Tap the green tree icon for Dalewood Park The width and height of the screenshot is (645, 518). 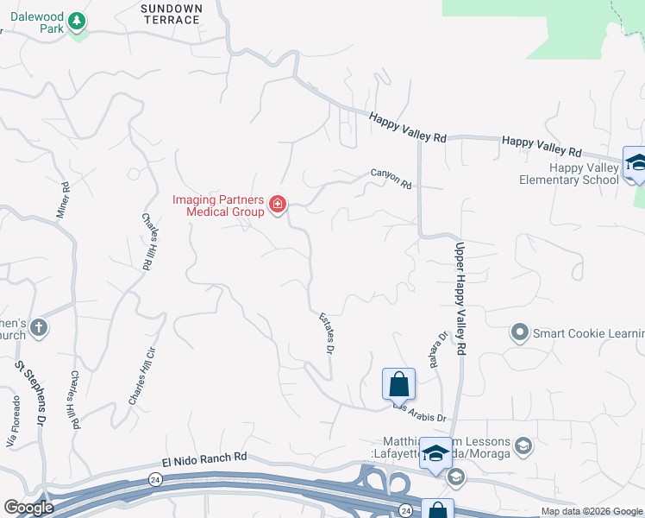(78, 20)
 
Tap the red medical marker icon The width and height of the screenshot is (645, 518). (278, 205)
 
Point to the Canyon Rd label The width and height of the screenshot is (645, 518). (391, 178)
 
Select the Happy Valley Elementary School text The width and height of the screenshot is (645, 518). (569, 174)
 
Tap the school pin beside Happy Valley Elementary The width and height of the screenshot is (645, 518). (636, 162)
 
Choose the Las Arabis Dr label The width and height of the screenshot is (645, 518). (421, 413)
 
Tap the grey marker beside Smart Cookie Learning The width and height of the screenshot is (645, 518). (519, 332)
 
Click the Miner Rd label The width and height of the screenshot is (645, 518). (65, 199)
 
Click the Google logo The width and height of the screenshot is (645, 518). (28, 508)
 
